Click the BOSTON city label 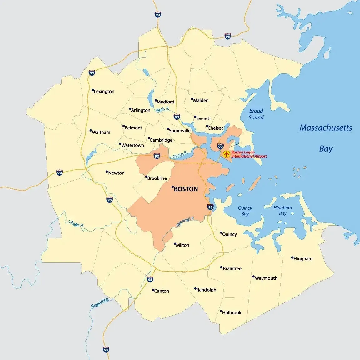click(x=186, y=189)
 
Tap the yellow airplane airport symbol click(x=226, y=154)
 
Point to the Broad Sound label click(x=256, y=114)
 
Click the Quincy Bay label click(x=245, y=211)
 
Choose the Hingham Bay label click(x=282, y=211)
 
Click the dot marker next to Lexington click(x=93, y=90)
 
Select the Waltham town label click(x=101, y=132)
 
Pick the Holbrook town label click(x=232, y=312)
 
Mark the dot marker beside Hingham click(x=292, y=258)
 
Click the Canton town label click(x=162, y=291)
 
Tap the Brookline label click(x=157, y=178)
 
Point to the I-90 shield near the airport click(x=220, y=146)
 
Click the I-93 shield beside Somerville click(x=177, y=117)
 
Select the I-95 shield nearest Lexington click(x=92, y=73)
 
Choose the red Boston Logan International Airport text click(x=249, y=154)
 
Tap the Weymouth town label click(x=266, y=278)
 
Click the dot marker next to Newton click(x=107, y=172)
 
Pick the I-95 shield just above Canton click(x=150, y=279)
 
